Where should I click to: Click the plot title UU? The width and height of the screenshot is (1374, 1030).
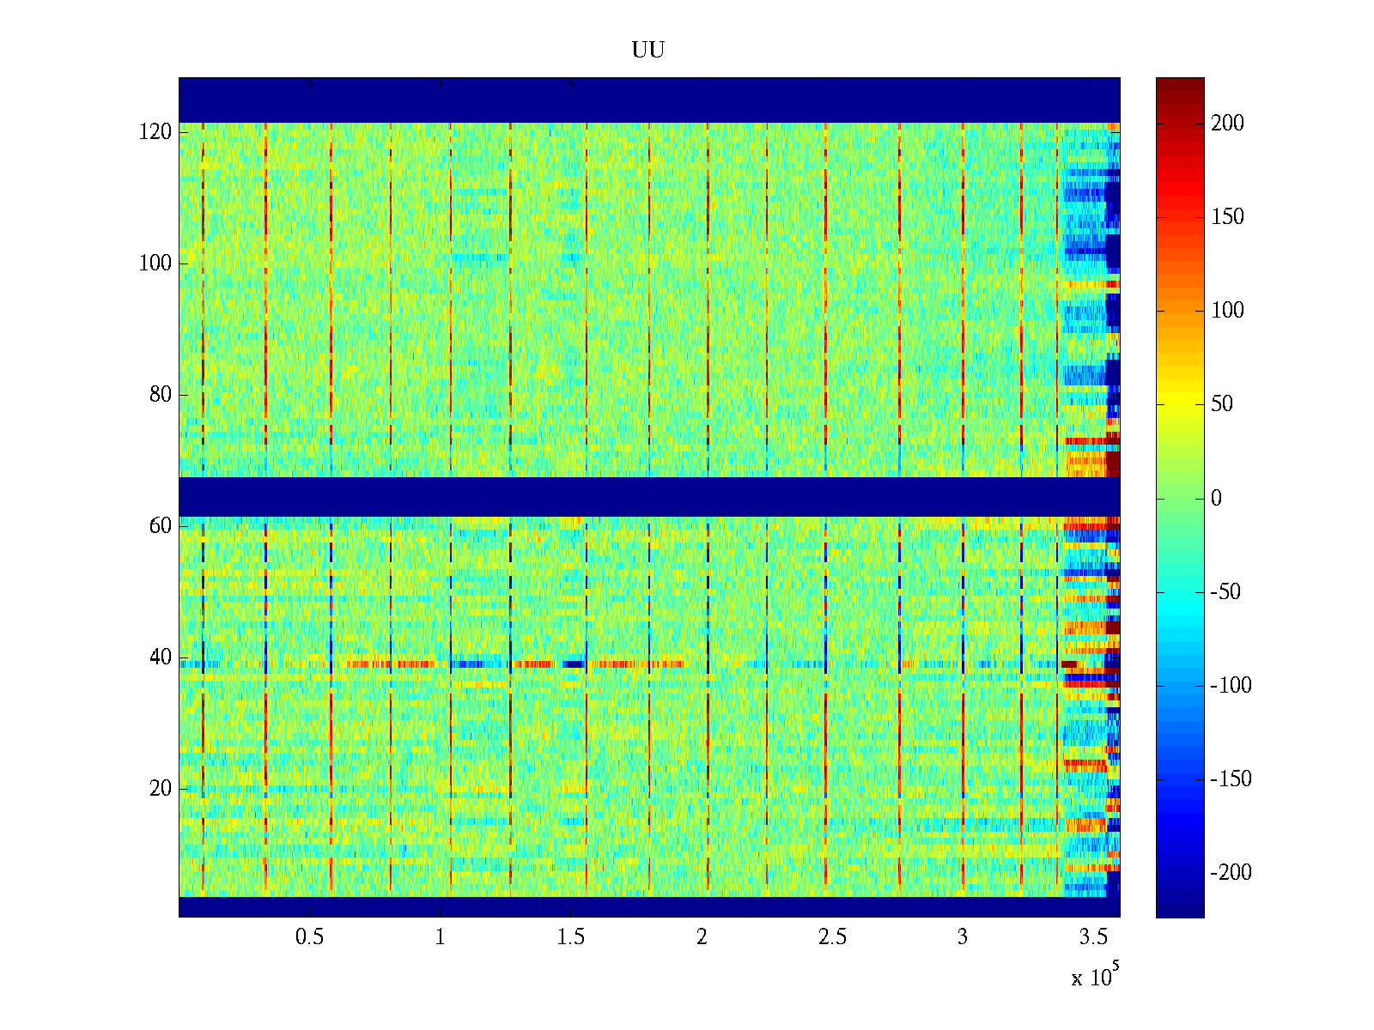(x=648, y=51)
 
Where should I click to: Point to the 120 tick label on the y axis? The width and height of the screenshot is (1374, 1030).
(x=155, y=132)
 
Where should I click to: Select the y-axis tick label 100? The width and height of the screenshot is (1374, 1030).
(x=155, y=264)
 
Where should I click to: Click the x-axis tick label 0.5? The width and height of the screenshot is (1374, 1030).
(x=309, y=937)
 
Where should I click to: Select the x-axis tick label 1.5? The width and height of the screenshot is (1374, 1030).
(x=571, y=937)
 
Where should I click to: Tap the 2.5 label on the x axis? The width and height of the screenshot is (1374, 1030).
(x=832, y=937)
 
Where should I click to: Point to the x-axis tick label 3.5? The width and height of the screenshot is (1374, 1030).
(x=1093, y=937)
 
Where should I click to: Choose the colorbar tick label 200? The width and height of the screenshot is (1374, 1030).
(x=1227, y=124)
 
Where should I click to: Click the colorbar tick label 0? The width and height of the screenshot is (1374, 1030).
(x=1216, y=499)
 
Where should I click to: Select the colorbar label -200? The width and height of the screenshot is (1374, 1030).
(x=1231, y=873)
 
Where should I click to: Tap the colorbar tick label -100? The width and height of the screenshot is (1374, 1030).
(x=1231, y=686)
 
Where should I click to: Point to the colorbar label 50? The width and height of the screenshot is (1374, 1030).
(x=1222, y=404)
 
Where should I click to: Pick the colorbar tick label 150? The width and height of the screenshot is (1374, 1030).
(x=1227, y=217)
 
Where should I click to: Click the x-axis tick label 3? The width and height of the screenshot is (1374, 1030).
(x=963, y=937)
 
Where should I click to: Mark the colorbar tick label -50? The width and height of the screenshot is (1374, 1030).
(x=1225, y=592)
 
